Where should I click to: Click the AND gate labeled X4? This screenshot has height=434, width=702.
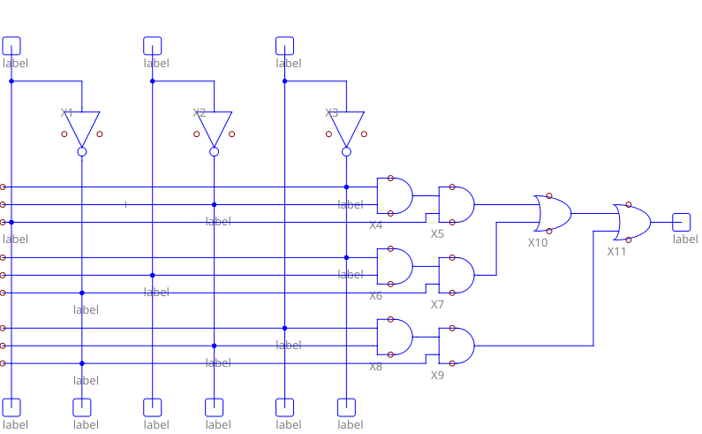tap(394, 195)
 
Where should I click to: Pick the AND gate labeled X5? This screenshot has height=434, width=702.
tap(456, 204)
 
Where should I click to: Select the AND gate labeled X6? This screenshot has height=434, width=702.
tap(394, 266)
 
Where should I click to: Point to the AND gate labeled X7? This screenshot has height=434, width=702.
tap(456, 275)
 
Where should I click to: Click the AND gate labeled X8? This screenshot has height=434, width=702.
tap(394, 337)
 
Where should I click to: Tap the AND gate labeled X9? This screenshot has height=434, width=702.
tap(456, 346)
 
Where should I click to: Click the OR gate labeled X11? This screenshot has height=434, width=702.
tap(632, 222)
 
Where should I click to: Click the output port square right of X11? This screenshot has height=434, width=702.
tap(681, 222)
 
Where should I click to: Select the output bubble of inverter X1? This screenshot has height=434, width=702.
tap(82, 152)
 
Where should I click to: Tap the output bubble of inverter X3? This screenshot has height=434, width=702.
tap(347, 152)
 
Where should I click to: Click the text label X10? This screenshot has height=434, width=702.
tap(538, 242)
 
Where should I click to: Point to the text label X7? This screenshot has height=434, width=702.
tap(437, 304)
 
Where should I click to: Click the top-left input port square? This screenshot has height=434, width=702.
tap(11, 45)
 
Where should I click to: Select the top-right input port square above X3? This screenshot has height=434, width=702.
tap(285, 45)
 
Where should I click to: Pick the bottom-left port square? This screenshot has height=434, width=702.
tap(11, 407)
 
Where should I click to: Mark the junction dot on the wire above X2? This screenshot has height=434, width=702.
tap(153, 81)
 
